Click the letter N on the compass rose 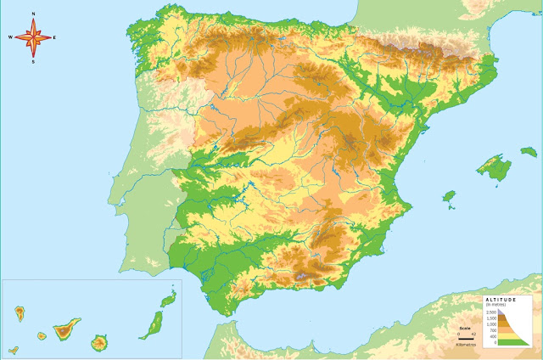[x=33, y=14]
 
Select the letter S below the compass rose [x=33, y=61]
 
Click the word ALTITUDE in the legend [x=500, y=300]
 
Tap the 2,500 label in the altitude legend [x=490, y=312]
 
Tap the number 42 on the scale [x=473, y=333]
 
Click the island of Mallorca [x=491, y=165]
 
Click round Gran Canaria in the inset [x=99, y=343]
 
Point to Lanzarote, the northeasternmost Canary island [x=168, y=299]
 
